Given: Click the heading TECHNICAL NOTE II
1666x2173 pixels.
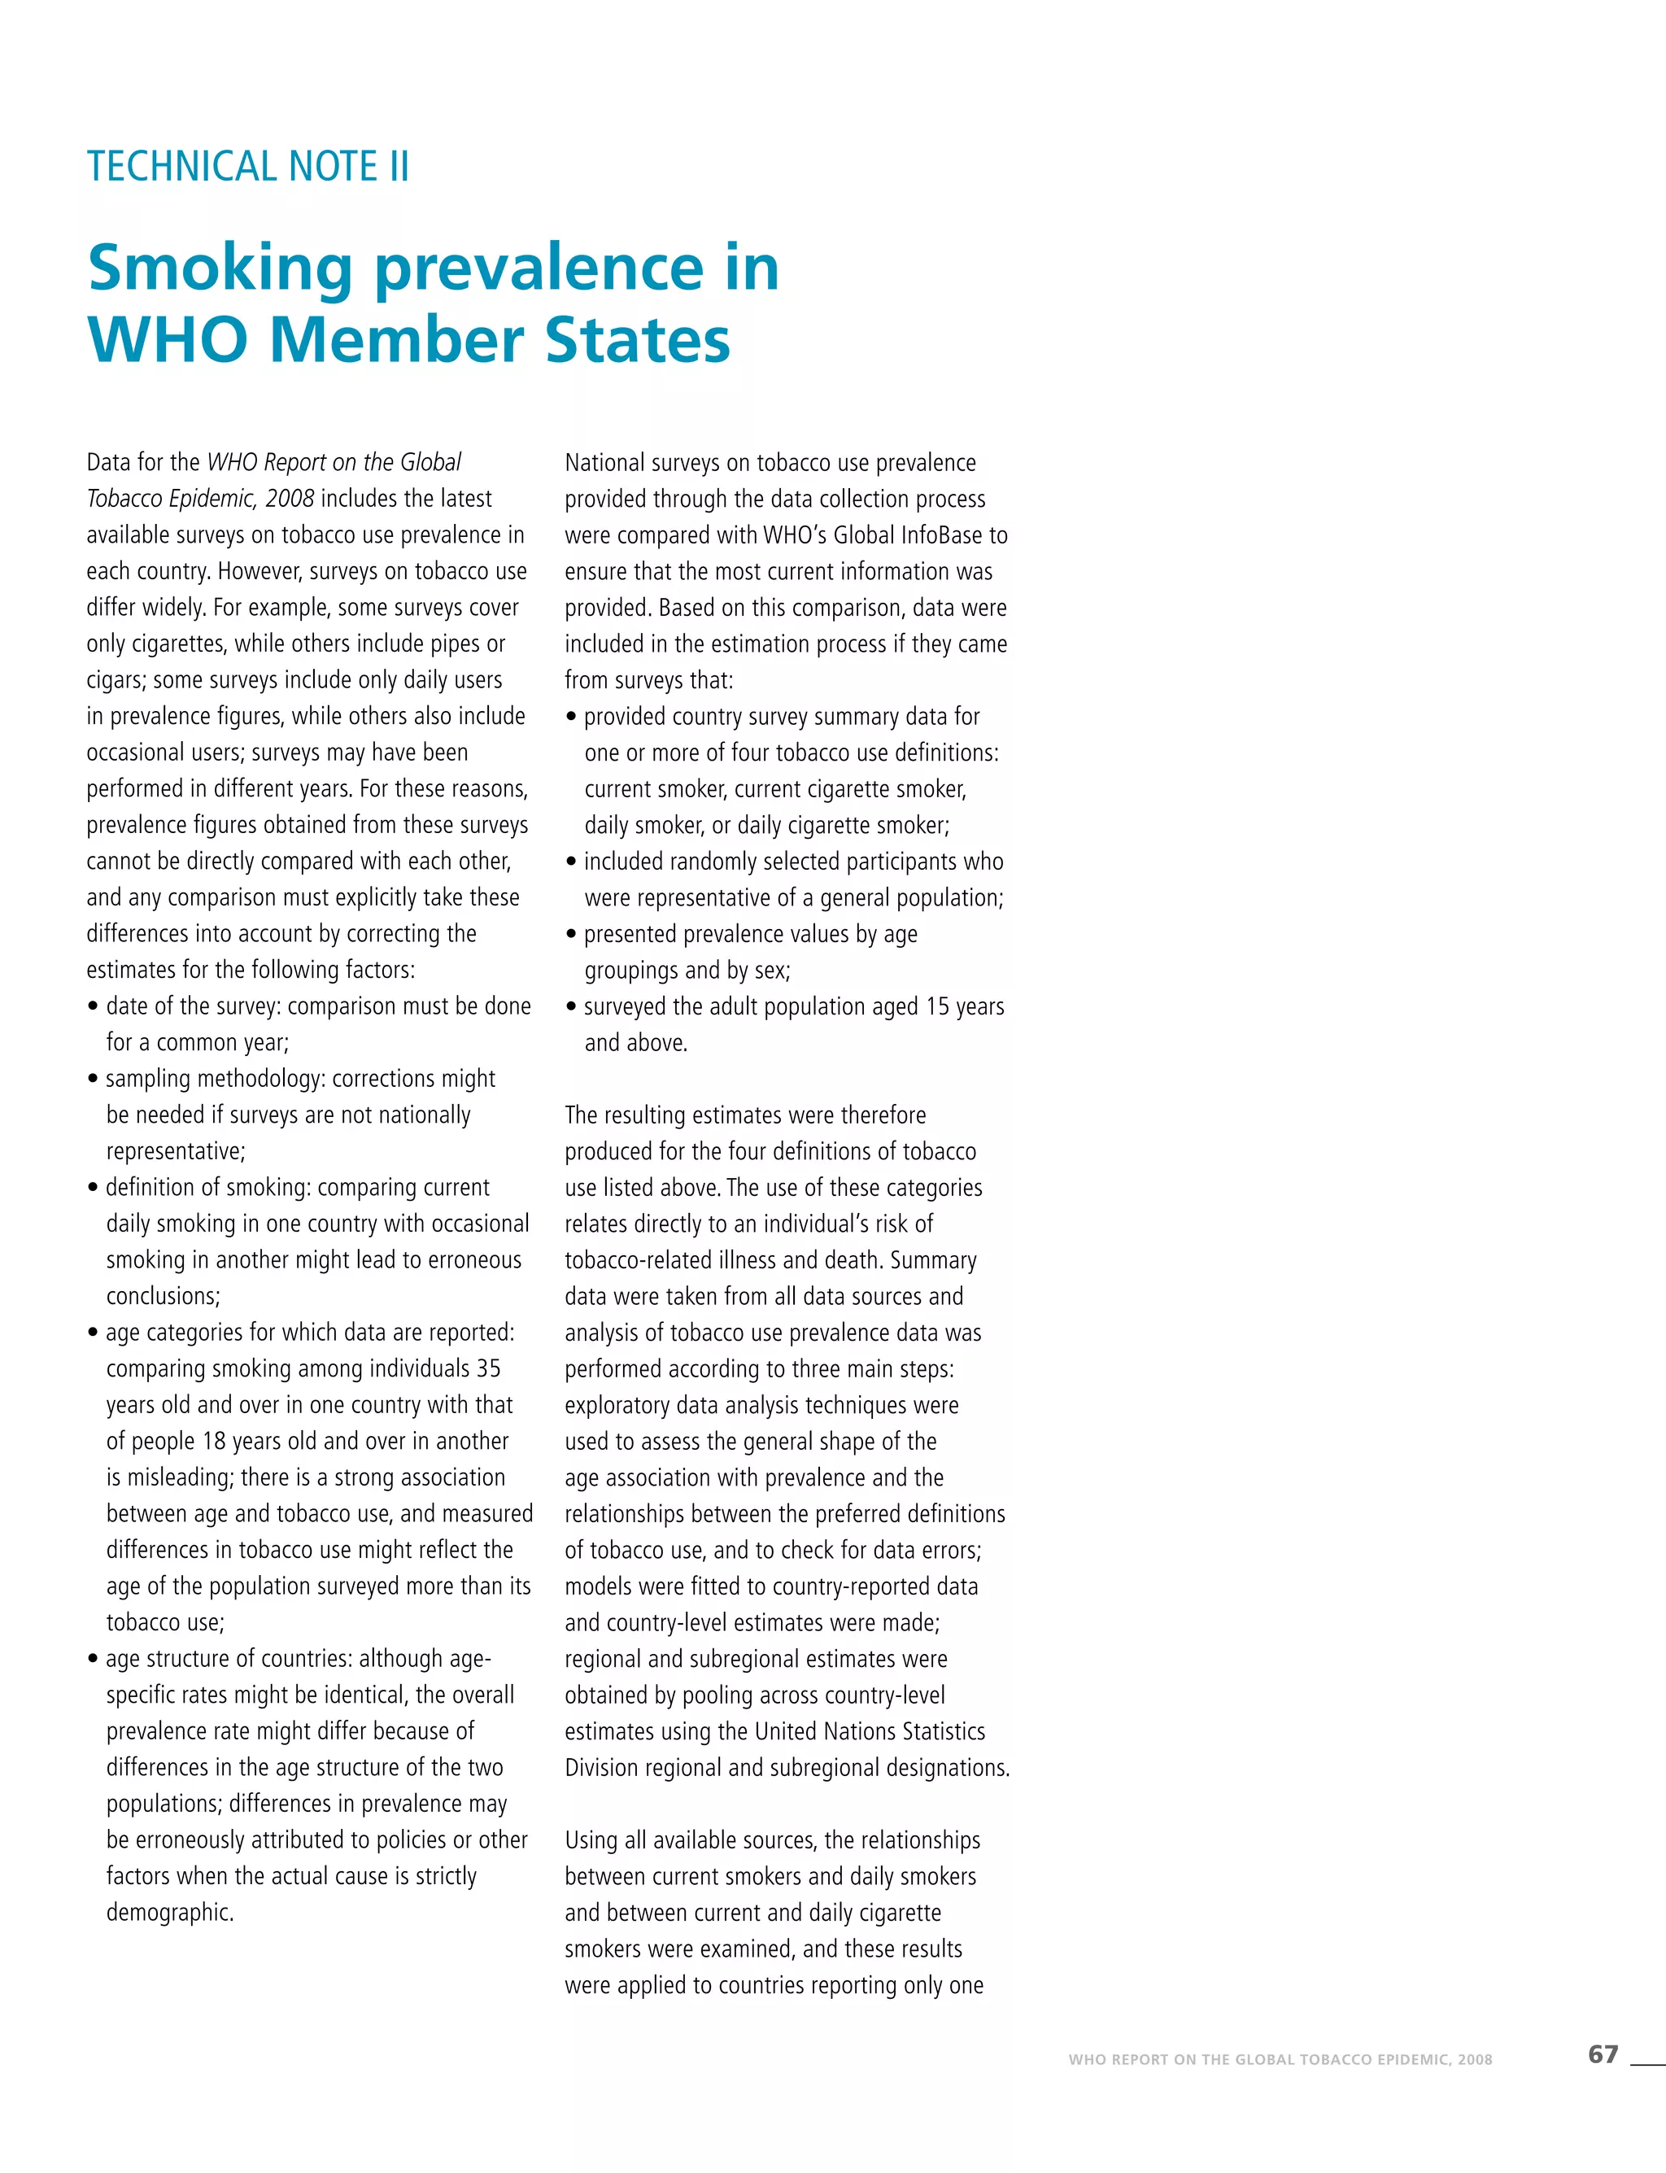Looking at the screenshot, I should (x=248, y=167).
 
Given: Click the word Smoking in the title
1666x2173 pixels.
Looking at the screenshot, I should (x=220, y=268).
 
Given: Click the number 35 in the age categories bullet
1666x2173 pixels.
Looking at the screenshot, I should (x=488, y=1368).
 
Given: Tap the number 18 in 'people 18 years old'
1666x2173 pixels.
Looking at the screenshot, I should (x=214, y=1441).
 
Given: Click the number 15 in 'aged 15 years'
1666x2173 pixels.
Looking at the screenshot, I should (x=938, y=1006).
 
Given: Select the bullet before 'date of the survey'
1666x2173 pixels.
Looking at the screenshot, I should (x=94, y=1006).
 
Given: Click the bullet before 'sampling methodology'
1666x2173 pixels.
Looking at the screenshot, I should (x=94, y=1079).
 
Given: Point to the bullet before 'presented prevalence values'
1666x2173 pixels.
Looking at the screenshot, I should (x=571, y=934).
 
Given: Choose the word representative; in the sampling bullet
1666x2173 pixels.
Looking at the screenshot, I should (x=176, y=1151).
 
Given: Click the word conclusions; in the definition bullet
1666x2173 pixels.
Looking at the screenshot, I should (x=163, y=1296).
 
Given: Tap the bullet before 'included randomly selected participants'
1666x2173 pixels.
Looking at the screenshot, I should (x=571, y=862).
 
